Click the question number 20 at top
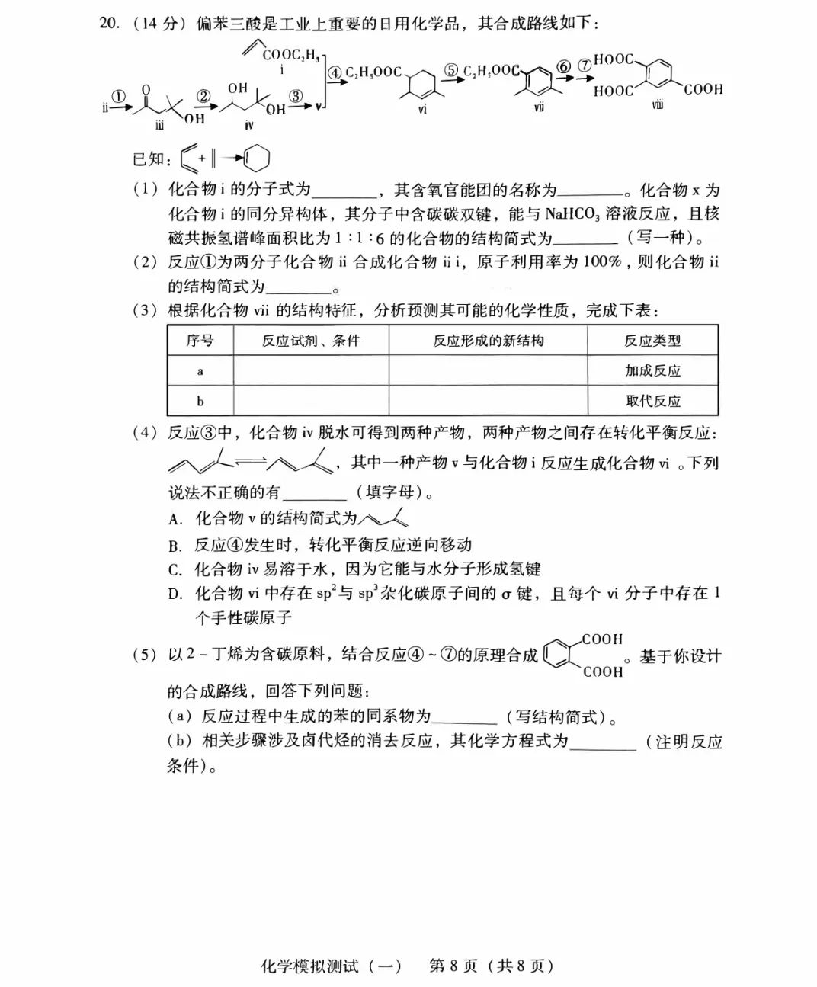108,23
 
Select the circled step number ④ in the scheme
335,73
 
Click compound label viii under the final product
657,104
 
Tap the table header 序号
200,341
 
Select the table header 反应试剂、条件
310,341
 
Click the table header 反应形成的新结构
488,341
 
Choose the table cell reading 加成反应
652,371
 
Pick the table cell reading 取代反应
652,401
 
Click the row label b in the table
200,401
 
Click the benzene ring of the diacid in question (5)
558,654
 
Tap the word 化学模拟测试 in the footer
330,966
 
